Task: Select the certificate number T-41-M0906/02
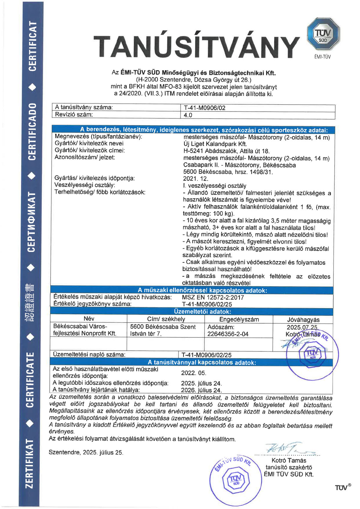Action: [204, 108]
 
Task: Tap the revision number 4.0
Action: [188, 115]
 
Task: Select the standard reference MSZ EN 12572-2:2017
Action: [213, 298]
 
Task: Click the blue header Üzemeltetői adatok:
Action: [202, 312]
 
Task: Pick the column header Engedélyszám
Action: [239, 319]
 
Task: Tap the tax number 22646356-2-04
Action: [228, 334]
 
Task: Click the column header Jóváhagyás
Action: [303, 320]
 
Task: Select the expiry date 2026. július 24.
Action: [201, 390]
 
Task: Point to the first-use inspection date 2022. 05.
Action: [193, 373]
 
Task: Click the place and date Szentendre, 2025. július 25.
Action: [86, 452]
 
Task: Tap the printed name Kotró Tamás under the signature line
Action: [289, 460]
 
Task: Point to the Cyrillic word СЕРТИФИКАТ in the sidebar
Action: [31, 222]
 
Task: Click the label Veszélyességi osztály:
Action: [85, 185]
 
